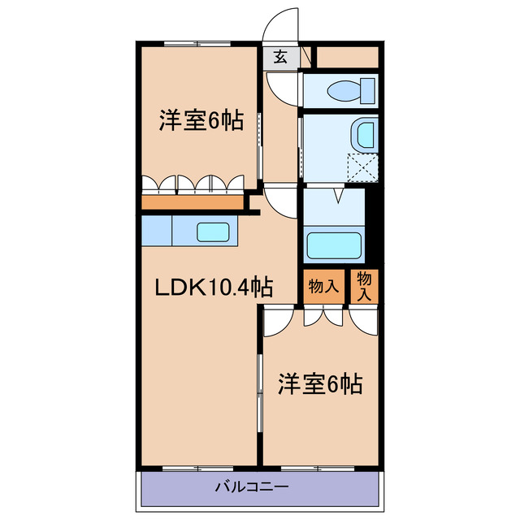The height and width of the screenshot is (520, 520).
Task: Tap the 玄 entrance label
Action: (280, 58)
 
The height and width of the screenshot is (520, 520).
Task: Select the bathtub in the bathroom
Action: (333, 243)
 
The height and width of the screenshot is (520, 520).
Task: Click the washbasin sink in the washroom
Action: (366, 132)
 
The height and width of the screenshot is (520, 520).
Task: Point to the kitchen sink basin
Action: (213, 232)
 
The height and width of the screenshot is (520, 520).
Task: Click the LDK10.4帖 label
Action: (214, 286)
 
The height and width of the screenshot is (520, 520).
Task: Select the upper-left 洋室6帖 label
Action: (200, 122)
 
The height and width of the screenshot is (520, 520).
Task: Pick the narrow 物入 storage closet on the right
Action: (365, 286)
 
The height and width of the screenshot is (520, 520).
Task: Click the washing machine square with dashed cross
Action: (364, 166)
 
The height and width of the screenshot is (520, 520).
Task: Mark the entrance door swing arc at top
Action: (283, 24)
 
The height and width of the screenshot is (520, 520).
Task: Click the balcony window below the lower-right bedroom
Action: (317, 469)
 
